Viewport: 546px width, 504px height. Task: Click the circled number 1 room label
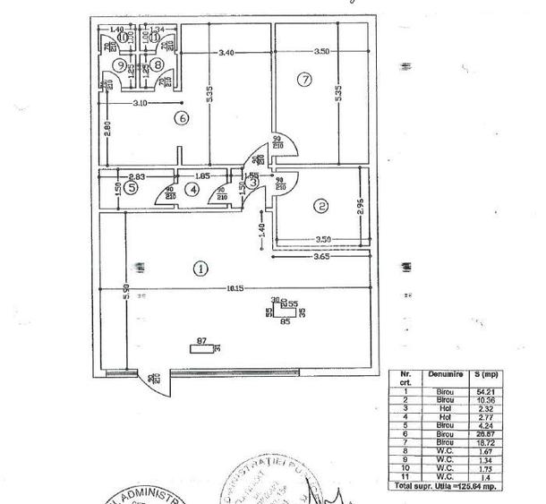coord(201,267)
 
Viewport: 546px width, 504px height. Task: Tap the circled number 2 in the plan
coord(320,206)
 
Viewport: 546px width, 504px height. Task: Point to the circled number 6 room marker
coord(182,117)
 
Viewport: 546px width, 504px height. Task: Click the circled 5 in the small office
coord(131,188)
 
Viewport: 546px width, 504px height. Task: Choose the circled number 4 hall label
coord(191,188)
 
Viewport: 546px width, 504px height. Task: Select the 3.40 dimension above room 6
coord(226,52)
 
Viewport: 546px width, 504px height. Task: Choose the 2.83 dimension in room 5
coord(137,177)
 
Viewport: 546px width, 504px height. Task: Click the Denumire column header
coord(441,375)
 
